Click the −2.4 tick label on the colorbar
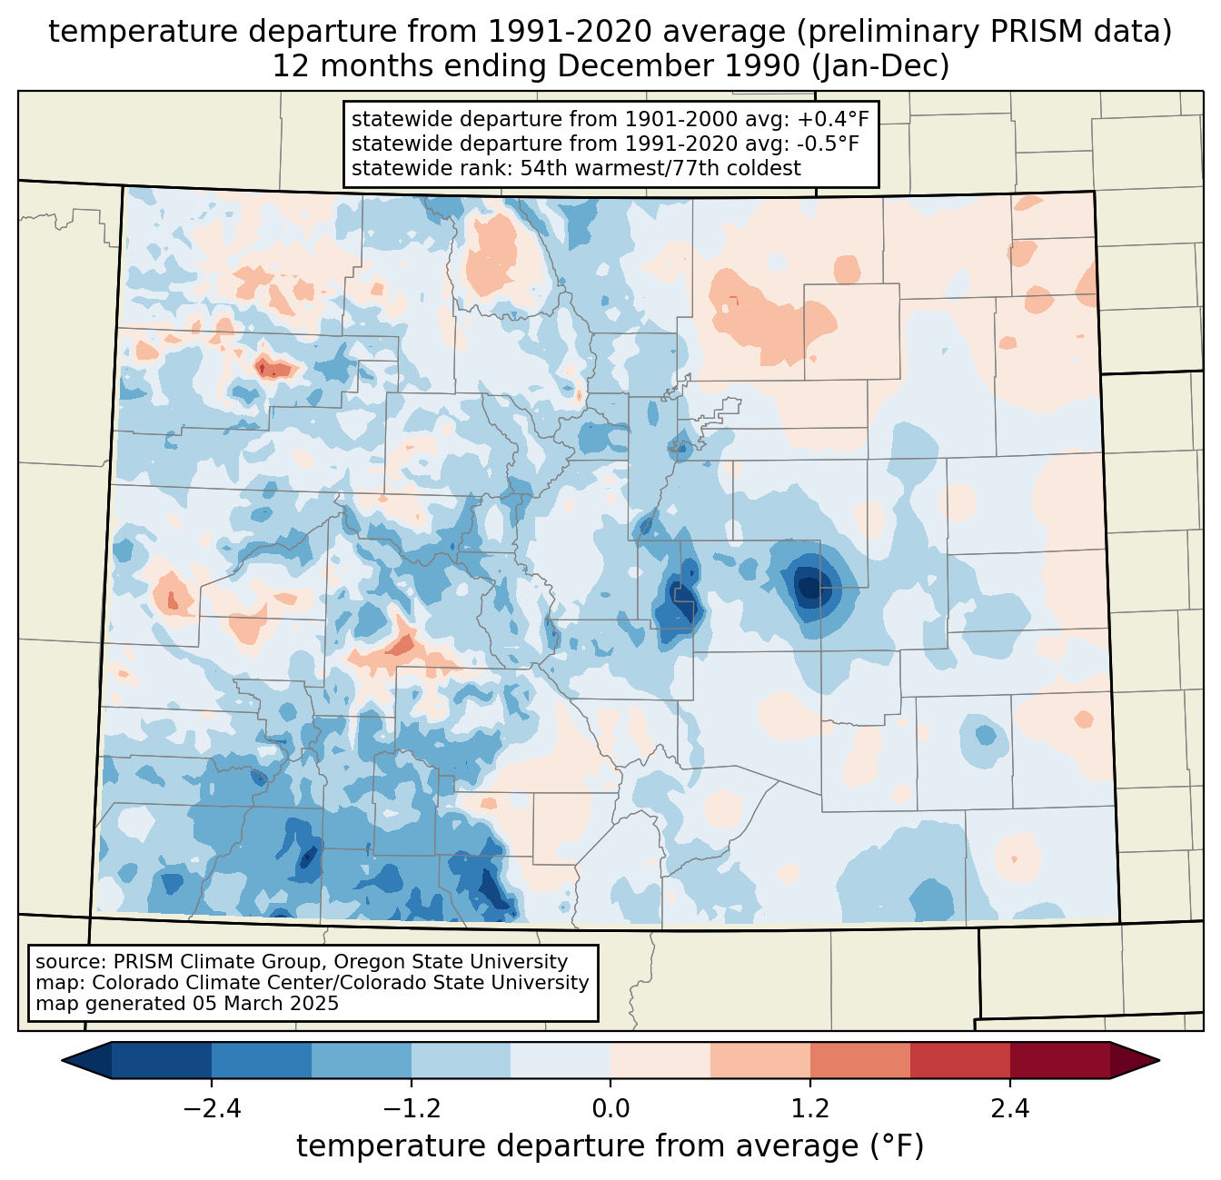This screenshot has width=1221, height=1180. (x=212, y=1109)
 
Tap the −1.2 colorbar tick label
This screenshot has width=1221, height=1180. (x=412, y=1109)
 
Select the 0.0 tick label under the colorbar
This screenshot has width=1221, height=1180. (x=610, y=1109)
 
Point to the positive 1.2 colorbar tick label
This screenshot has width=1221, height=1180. (x=810, y=1109)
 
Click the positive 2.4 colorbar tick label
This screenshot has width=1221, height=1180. (x=1009, y=1109)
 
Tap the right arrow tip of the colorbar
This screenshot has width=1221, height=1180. (x=1156, y=1060)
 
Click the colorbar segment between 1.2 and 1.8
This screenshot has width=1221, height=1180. (x=859, y=1060)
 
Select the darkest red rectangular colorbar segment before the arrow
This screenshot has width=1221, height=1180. (x=1059, y=1060)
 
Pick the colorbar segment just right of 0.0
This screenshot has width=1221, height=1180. (x=660, y=1060)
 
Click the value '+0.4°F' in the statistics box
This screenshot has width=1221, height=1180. (x=833, y=120)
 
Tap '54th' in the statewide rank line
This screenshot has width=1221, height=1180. (x=544, y=168)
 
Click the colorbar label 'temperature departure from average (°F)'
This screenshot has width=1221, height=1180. (x=610, y=1146)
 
